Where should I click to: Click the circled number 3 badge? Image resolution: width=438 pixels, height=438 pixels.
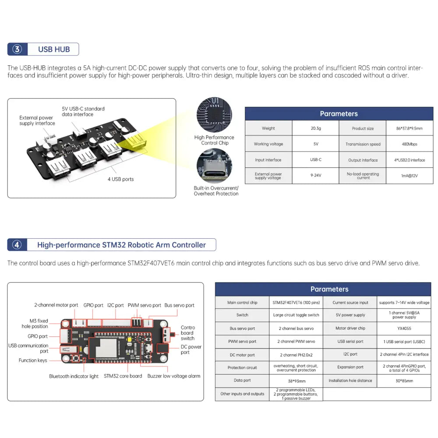tap(18, 49)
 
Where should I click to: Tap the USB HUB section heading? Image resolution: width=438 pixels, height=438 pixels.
tap(54, 49)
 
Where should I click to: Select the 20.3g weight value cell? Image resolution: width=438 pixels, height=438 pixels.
tap(315, 128)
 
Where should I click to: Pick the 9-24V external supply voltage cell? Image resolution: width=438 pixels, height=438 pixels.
tap(315, 176)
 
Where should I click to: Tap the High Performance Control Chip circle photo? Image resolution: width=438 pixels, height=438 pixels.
tap(214, 115)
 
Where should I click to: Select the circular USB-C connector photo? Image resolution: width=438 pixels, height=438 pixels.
tap(214, 166)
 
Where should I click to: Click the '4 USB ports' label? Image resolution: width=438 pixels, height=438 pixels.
tap(120, 179)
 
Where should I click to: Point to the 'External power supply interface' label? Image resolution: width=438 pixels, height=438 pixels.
tap(37, 120)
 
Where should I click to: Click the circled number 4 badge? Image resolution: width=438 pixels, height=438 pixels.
tap(17, 245)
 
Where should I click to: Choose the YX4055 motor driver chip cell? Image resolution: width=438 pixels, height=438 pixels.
tap(404, 328)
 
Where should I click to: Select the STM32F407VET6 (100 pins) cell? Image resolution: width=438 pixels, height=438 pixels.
tap(296, 302)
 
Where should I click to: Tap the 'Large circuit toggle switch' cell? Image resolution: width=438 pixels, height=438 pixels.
tap(296, 315)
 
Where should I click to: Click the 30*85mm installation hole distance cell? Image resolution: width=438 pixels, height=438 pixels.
tap(404, 381)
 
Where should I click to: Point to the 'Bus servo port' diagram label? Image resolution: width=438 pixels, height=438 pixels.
tap(179, 305)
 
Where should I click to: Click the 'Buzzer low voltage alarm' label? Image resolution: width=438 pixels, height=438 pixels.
tap(173, 376)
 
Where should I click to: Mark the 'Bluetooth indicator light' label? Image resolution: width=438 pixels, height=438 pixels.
tap(74, 376)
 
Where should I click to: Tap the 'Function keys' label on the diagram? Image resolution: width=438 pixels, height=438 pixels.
tap(33, 360)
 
